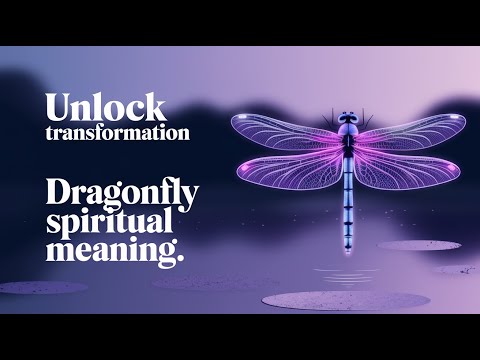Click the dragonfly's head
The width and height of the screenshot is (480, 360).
(x=348, y=120)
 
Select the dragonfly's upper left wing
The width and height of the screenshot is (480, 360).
(x=285, y=133)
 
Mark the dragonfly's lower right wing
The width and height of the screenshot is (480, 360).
(x=405, y=170)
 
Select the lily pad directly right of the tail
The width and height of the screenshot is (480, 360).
(x=418, y=245)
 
